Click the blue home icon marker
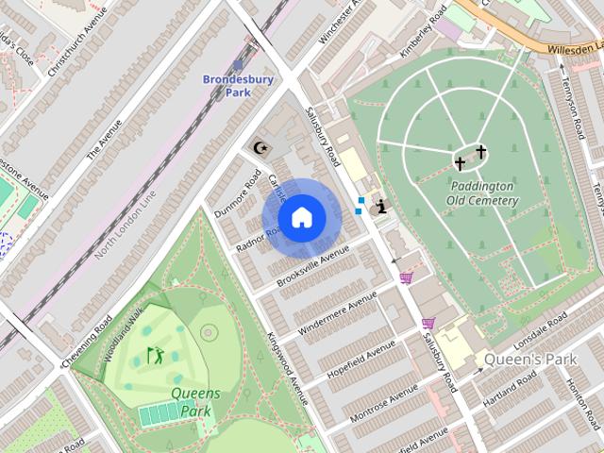[300, 217]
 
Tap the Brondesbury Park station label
[238, 86]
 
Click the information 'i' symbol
[380, 206]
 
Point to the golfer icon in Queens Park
[155, 356]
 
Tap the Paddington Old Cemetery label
[482, 193]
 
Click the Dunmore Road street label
[237, 193]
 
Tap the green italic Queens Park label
[194, 402]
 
